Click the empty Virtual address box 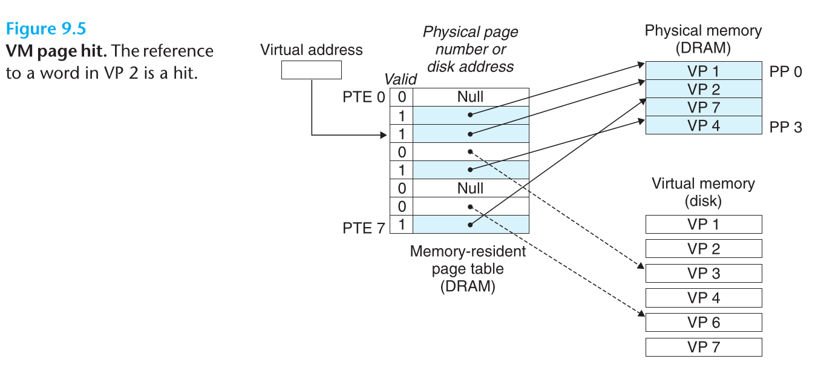point(311,70)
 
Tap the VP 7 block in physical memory point(703,107)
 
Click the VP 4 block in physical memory point(703,125)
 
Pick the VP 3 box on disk point(703,273)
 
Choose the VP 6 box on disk point(703,322)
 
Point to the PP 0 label point(786,71)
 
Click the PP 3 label point(786,127)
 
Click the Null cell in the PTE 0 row point(470,97)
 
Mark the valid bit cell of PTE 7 point(402,225)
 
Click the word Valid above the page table point(401,79)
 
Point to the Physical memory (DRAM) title point(703,39)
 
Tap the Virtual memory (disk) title point(703,191)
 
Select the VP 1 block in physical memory point(703,70)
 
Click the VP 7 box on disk point(703,347)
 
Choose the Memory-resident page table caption point(468,268)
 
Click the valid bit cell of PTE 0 point(402,97)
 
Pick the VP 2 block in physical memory point(703,89)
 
